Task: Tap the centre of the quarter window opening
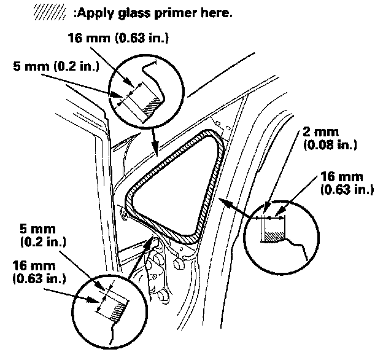[172, 184]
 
